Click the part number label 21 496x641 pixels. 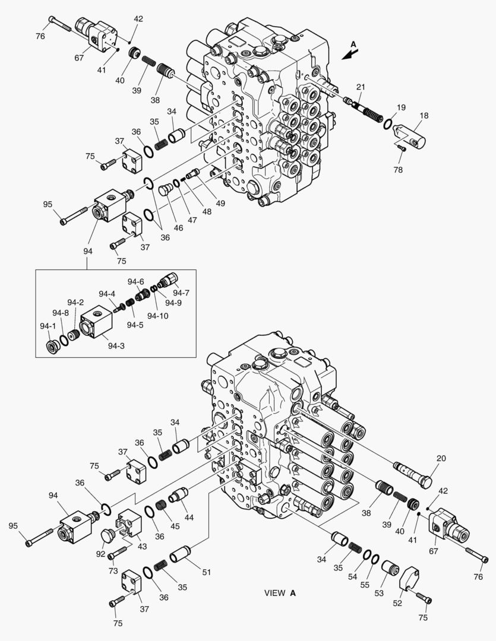pyautogui.click(x=360, y=88)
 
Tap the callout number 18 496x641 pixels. pyautogui.click(x=424, y=116)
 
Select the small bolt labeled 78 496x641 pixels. pyautogui.click(x=402, y=148)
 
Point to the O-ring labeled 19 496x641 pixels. pyautogui.click(x=388, y=124)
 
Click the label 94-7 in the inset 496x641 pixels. pyautogui.click(x=182, y=292)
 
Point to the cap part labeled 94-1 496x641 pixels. pyautogui.click(x=53, y=346)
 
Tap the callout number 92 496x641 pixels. pyautogui.click(x=101, y=554)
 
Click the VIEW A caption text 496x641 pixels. pyautogui.click(x=279, y=593)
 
